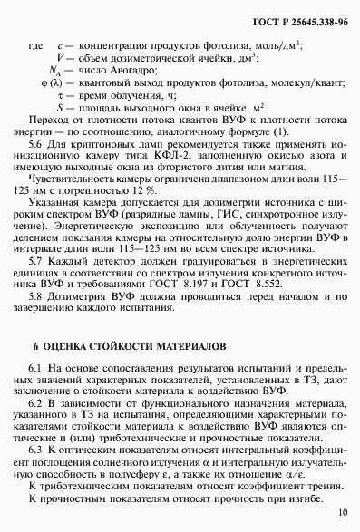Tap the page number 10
click(341, 513)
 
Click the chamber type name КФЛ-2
click(172, 157)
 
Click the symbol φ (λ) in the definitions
click(54, 82)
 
